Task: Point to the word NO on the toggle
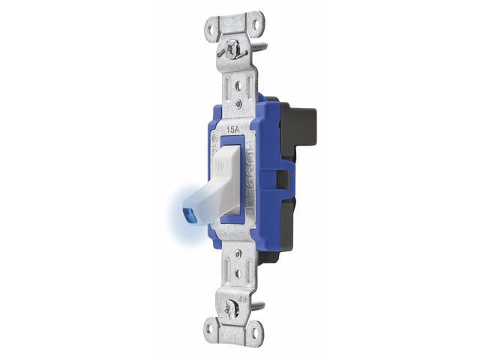(x=223, y=162)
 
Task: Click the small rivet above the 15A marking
(x=238, y=101)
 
